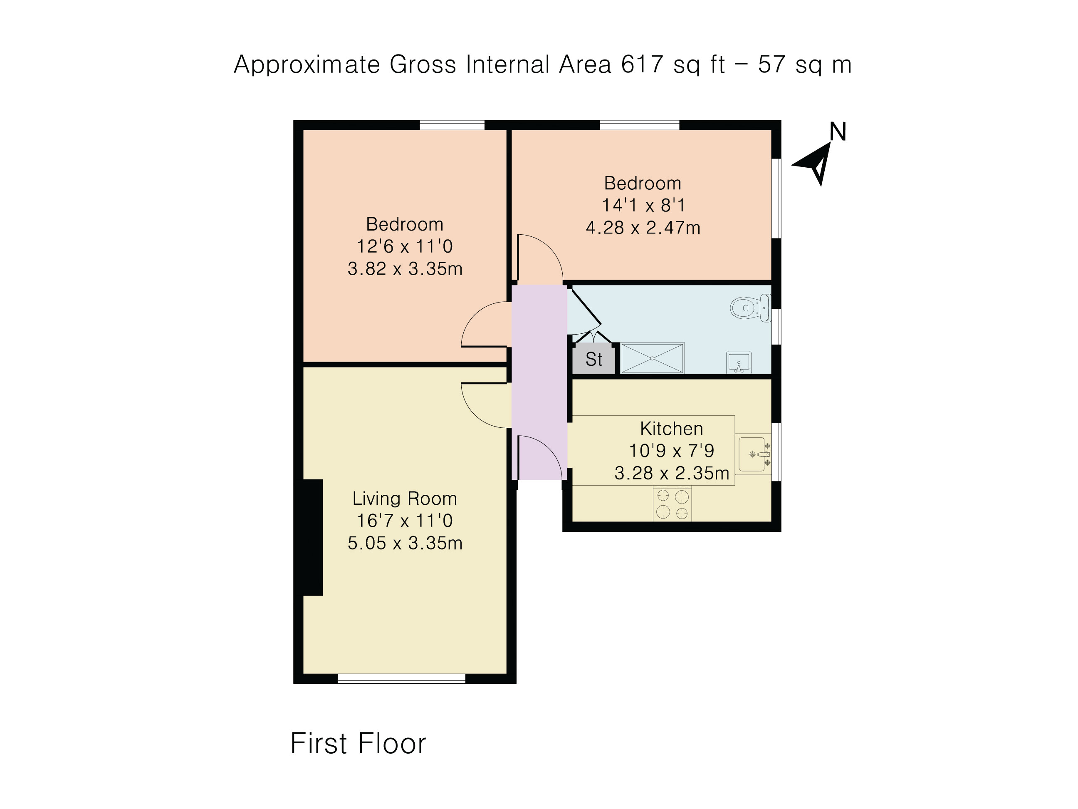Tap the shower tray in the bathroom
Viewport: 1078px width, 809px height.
(x=653, y=358)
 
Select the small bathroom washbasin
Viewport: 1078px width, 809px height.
(x=738, y=362)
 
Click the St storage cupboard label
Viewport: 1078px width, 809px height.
(x=593, y=360)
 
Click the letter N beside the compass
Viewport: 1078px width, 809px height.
(x=838, y=131)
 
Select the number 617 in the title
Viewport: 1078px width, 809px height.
(x=642, y=64)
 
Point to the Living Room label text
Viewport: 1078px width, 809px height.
(x=405, y=499)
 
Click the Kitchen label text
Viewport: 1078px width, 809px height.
(x=672, y=429)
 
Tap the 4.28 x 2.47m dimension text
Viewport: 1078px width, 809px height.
(x=643, y=228)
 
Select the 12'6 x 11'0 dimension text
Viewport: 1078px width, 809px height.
(x=405, y=246)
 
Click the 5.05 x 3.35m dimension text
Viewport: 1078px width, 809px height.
(x=405, y=543)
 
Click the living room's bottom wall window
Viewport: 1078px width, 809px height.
(x=402, y=678)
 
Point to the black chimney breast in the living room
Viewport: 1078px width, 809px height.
(x=313, y=537)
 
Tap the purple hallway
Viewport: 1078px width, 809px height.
(x=539, y=382)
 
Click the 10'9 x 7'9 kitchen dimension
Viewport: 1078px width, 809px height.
(x=672, y=451)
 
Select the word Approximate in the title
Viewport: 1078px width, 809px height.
(x=307, y=65)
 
